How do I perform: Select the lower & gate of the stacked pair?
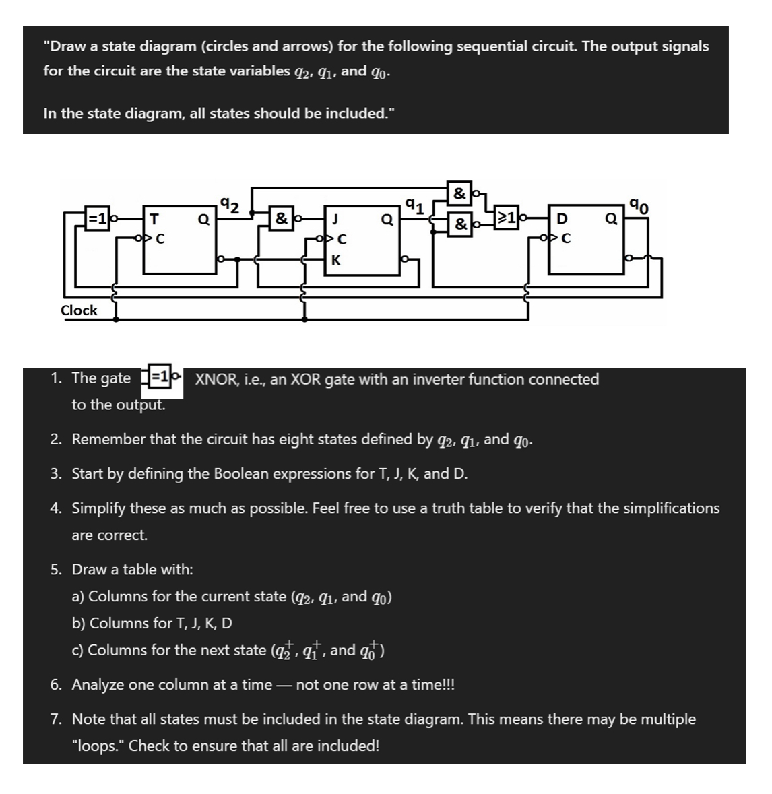pos(459,223)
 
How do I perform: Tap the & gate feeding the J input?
pos(281,218)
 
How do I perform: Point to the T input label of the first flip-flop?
pos(154,219)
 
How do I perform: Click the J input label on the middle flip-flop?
pos(335,219)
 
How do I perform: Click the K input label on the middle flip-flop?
pos(335,261)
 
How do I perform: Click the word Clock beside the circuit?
pos(79,310)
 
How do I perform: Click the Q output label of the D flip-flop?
pos(611,219)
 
